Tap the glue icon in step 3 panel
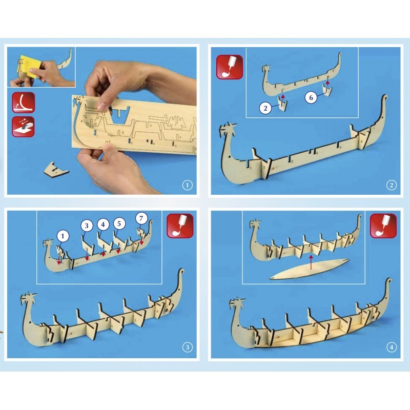pyautogui.click(x=180, y=225)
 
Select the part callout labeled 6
pyautogui.click(x=311, y=97)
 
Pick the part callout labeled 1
pyautogui.click(x=63, y=236)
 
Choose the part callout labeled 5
pyautogui.click(x=120, y=224)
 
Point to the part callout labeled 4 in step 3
pyautogui.click(x=103, y=224)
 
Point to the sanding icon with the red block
pyautogui.click(x=23, y=126)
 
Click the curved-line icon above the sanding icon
pyautogui.click(x=23, y=102)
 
